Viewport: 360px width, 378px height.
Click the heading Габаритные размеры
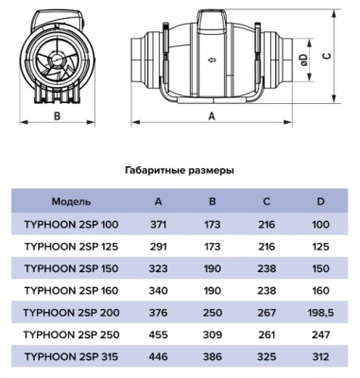(x=179, y=171)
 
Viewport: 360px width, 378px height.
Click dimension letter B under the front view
(x=57, y=115)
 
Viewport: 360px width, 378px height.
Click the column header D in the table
(x=320, y=202)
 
